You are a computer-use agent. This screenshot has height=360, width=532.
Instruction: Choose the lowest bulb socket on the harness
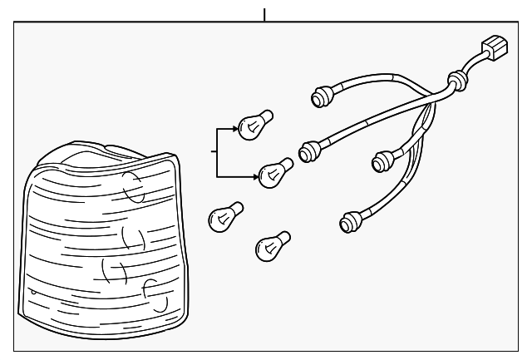[x=350, y=222]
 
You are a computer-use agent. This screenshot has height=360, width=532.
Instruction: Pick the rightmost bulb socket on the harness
[x=384, y=159]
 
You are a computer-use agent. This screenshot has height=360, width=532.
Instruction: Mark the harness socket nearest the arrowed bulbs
[x=310, y=150]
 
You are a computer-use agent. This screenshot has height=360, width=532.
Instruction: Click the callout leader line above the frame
[x=264, y=14]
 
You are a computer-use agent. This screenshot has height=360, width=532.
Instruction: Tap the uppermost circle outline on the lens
[x=133, y=188]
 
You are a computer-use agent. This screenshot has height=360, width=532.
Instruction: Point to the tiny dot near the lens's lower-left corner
[x=32, y=293]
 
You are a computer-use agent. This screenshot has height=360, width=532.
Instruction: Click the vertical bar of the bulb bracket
[x=217, y=154]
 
